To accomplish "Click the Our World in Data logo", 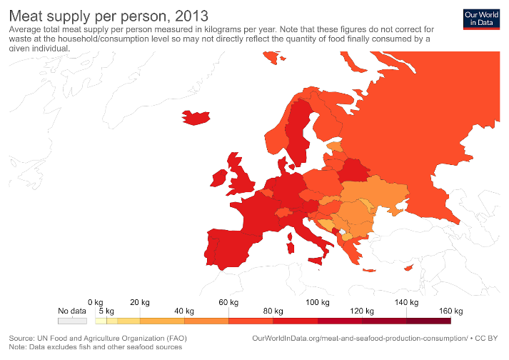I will pos(479,19).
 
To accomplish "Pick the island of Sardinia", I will pos(291,246).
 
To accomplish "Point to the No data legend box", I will pos(72,321).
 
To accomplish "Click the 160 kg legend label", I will pos(452,311).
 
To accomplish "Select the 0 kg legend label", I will pos(96,302).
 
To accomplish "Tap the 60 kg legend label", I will pos(228,302).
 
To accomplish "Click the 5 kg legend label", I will pos(106,311).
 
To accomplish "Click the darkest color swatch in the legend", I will pos(428,321).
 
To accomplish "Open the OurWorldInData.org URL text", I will pos(361,337).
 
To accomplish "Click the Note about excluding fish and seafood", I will pos(95,346).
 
